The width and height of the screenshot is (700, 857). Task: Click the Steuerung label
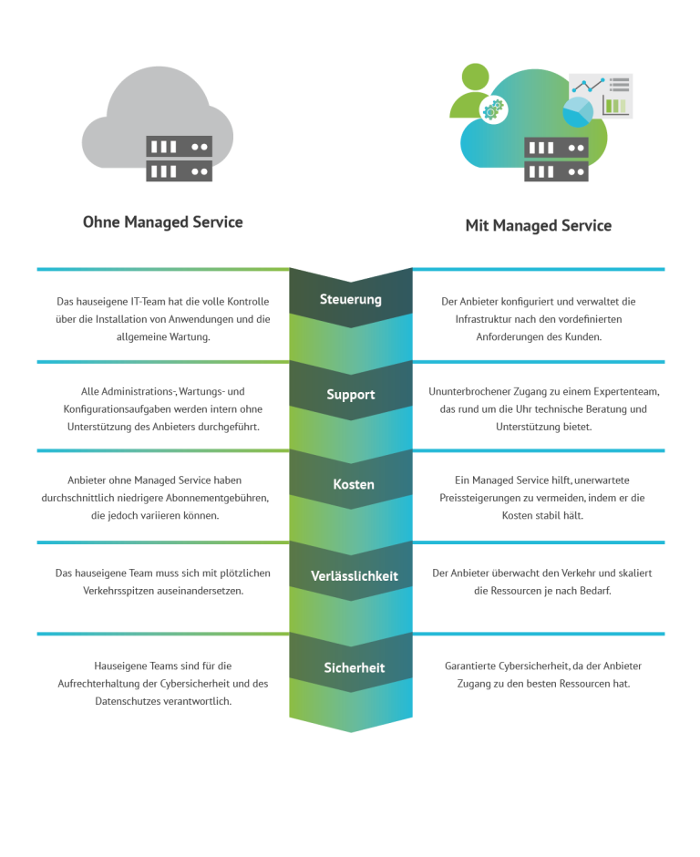(x=351, y=299)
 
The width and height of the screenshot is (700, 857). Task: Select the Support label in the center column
(x=351, y=395)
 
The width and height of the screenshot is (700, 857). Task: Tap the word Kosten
(x=354, y=484)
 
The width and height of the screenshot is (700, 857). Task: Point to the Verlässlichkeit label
(x=355, y=576)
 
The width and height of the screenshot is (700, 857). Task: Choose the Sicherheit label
(x=355, y=668)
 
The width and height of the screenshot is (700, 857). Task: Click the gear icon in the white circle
(x=493, y=110)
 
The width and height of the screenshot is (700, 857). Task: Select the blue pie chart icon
(x=578, y=112)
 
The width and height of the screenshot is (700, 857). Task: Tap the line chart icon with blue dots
(x=588, y=85)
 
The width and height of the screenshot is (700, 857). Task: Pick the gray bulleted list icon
(x=620, y=85)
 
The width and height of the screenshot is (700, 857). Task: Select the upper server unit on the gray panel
(x=179, y=147)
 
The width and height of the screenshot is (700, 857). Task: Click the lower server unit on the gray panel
(x=179, y=170)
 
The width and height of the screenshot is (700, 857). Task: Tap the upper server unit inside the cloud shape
(x=556, y=148)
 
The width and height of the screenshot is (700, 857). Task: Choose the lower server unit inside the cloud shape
(x=556, y=170)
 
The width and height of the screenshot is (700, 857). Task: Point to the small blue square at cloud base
(x=468, y=172)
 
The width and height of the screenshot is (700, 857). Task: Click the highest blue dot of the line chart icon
(x=602, y=80)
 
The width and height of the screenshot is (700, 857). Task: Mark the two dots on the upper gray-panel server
(x=199, y=147)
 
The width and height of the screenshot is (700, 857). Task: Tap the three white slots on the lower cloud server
(x=541, y=171)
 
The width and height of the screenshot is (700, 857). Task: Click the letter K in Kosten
(x=337, y=484)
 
